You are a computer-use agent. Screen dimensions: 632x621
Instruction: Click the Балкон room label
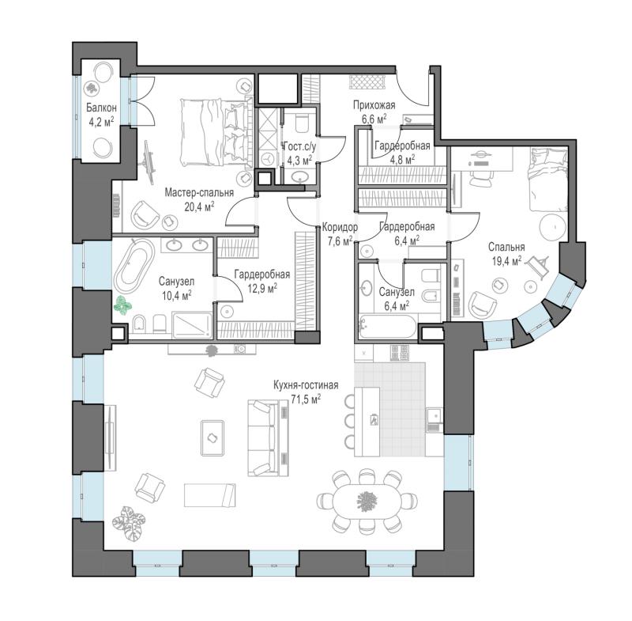pyautogui.click(x=101, y=108)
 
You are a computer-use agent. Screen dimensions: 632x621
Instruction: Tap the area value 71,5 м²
pyautogui.click(x=306, y=399)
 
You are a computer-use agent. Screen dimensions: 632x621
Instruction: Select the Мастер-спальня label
pyautogui.click(x=199, y=192)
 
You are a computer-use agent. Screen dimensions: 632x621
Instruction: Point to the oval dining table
pyautogui.click(x=367, y=502)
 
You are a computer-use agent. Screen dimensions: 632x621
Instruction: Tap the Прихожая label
pyautogui.click(x=374, y=105)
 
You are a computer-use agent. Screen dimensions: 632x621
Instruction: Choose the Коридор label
pyautogui.click(x=340, y=228)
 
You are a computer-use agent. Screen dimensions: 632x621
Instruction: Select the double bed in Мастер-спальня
pyautogui.click(x=213, y=132)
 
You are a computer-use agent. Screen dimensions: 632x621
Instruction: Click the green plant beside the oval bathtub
pyautogui.click(x=122, y=305)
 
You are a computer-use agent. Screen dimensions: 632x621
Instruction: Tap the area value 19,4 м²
pyautogui.click(x=506, y=261)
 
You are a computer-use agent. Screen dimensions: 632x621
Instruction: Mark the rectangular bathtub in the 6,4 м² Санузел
pyautogui.click(x=388, y=327)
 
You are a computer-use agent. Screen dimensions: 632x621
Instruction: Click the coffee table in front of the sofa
pyautogui.click(x=213, y=437)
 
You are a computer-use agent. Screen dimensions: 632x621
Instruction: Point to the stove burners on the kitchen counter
pyautogui.click(x=400, y=353)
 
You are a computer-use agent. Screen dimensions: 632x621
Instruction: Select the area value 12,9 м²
pyautogui.click(x=262, y=288)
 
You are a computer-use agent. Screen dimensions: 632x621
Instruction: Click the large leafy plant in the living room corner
pyautogui.click(x=128, y=524)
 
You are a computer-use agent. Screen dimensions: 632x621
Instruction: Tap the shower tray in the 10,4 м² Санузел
pyautogui.click(x=192, y=325)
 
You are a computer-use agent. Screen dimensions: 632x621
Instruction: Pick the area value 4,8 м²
pyautogui.click(x=402, y=159)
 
